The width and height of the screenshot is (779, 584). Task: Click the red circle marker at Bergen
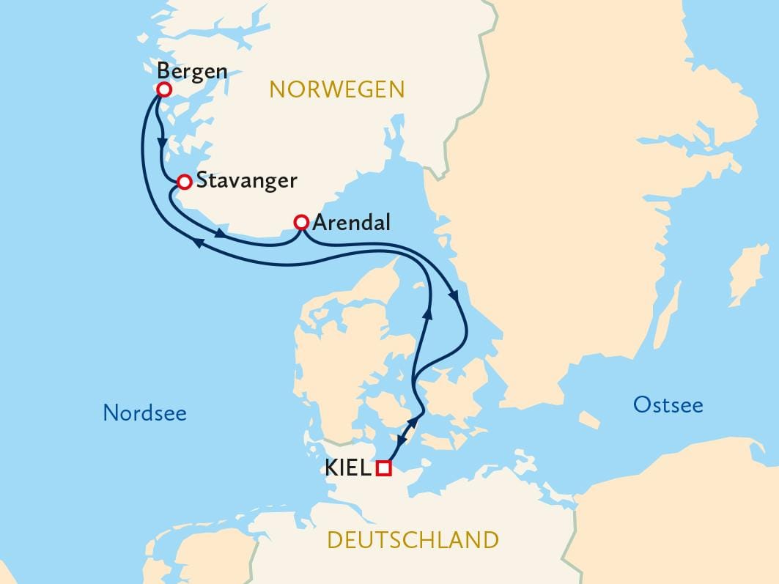coord(164,89)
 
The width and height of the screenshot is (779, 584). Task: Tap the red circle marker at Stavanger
coord(185,181)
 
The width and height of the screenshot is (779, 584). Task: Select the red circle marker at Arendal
coord(300,222)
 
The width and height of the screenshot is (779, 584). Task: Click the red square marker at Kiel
coord(383,468)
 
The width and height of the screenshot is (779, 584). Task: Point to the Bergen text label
coord(193,72)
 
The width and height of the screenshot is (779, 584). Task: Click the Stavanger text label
coord(247,181)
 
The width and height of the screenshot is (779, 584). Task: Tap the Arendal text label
coord(351,223)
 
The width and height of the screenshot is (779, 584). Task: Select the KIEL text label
coord(347,468)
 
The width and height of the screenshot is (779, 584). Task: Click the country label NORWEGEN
coord(337,89)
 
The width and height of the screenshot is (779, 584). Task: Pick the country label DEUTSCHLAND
coord(413,541)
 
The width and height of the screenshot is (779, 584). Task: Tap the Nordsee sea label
coord(144,413)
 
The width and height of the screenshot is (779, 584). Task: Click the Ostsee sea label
coord(668,404)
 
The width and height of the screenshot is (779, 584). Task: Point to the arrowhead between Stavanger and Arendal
coord(220,234)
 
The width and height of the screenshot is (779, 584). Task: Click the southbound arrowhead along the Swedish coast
coord(454,298)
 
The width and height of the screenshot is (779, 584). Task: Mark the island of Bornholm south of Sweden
coord(588,420)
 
